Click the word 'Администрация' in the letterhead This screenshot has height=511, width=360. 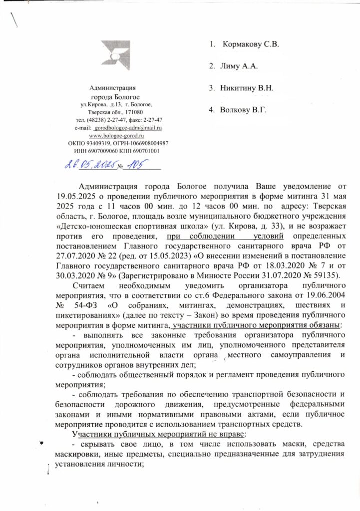pyautogui.click(x=116, y=87)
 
